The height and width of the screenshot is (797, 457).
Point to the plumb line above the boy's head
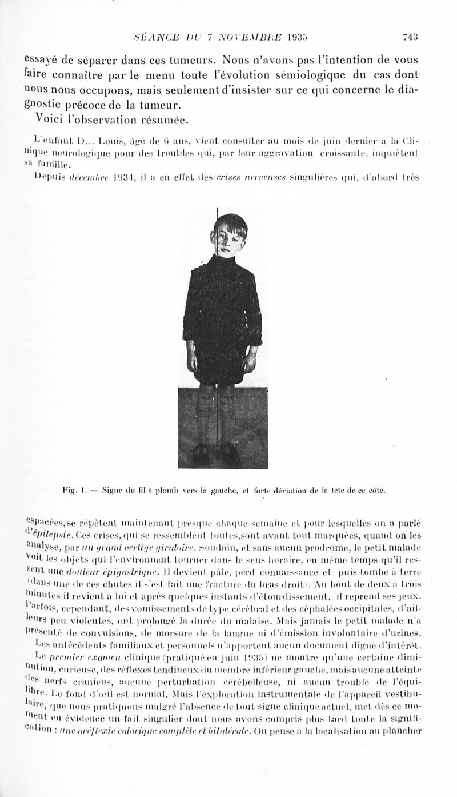pyautogui.click(x=217, y=214)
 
